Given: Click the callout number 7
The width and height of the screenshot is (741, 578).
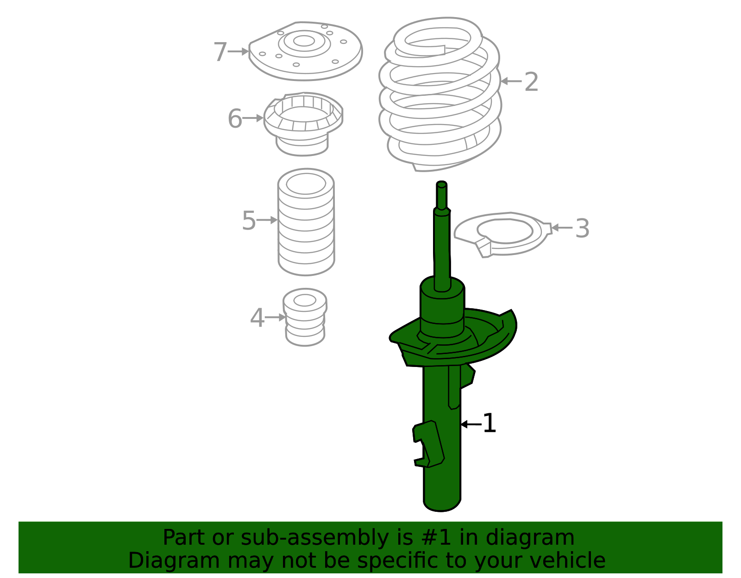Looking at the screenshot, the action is click(x=220, y=52).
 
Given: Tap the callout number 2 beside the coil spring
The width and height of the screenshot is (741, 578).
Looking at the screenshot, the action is click(x=531, y=82).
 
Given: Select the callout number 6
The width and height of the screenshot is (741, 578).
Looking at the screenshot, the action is click(x=235, y=118).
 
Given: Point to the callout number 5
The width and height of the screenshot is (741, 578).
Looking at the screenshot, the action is click(x=249, y=220).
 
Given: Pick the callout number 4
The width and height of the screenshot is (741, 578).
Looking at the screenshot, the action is click(x=257, y=318).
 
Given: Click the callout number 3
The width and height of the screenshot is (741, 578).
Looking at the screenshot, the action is click(x=583, y=228).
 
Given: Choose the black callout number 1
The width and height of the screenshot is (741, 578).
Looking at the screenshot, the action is click(x=490, y=423).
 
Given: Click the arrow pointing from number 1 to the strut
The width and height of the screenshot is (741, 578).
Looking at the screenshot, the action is click(x=471, y=424).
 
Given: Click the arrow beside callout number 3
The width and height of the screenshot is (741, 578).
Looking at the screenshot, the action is click(x=562, y=228).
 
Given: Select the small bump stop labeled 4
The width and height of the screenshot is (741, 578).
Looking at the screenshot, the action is click(x=305, y=317).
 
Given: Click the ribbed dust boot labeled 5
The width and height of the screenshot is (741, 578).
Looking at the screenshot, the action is click(x=306, y=222).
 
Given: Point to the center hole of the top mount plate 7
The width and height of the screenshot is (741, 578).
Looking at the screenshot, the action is click(x=303, y=41).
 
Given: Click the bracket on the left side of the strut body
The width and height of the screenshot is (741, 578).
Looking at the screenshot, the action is click(x=428, y=444).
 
